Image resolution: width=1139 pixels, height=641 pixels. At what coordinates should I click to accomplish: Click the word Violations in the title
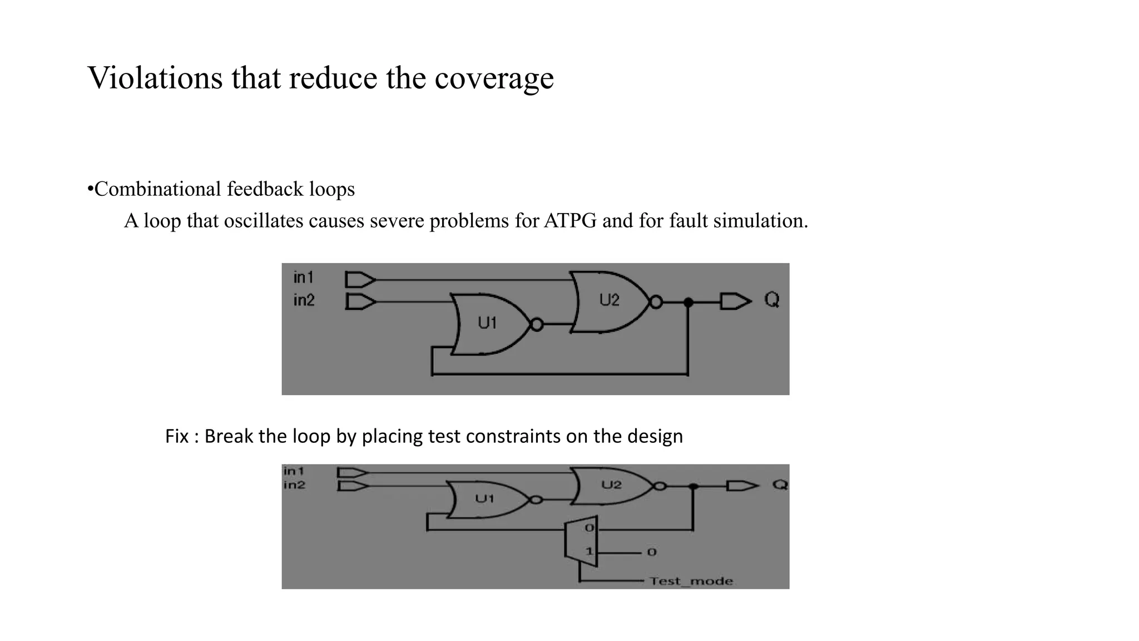(155, 77)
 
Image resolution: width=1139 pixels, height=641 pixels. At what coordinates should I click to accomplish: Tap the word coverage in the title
(494, 78)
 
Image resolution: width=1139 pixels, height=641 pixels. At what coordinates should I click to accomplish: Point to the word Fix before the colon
(177, 436)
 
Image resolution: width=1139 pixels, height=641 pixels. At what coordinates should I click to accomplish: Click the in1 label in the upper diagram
(304, 277)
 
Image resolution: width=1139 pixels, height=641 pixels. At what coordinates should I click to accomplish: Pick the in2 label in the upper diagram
(304, 300)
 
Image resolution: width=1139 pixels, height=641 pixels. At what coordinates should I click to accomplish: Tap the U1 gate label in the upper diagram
(487, 323)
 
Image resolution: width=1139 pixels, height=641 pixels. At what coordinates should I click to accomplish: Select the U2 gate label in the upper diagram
(609, 300)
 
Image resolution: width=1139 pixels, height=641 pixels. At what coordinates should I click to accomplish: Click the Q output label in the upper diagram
(772, 300)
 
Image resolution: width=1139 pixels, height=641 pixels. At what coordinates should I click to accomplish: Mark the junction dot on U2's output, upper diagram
(688, 303)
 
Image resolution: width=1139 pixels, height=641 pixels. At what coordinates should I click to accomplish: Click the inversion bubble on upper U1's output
(537, 324)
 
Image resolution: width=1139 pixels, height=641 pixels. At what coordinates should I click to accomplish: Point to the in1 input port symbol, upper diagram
(360, 279)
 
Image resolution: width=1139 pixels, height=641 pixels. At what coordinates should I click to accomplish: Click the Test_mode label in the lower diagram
(691, 581)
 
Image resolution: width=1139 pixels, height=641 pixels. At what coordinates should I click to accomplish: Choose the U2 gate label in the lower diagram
(611, 485)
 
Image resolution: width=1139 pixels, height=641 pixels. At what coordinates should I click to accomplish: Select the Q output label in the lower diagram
(780, 485)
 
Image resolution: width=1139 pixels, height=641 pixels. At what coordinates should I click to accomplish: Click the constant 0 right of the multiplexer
(652, 553)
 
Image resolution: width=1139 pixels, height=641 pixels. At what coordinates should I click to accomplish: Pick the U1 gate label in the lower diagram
(484, 499)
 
